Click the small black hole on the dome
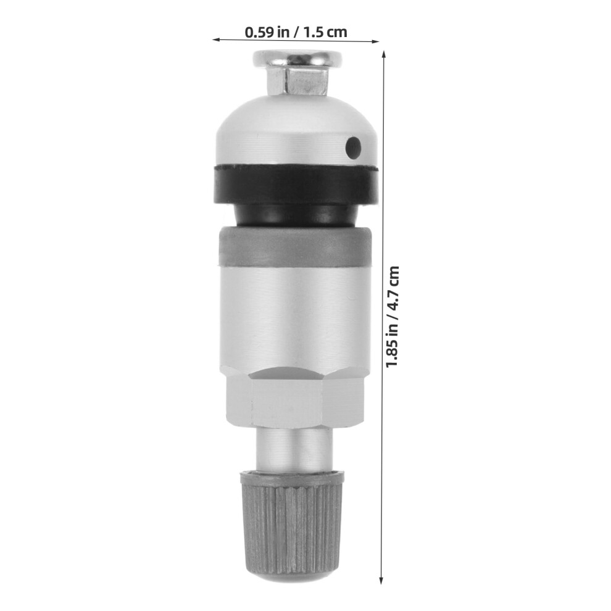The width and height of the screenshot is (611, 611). (354, 148)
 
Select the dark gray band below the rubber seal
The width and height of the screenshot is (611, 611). (295, 247)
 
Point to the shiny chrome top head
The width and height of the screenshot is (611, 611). (297, 59)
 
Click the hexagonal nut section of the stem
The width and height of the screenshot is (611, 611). (294, 397)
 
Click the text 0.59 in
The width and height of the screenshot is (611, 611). (265, 32)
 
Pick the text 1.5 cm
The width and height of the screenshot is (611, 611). (325, 32)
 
